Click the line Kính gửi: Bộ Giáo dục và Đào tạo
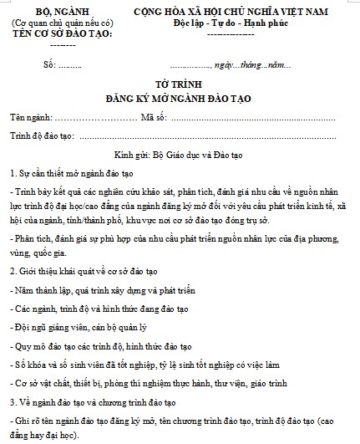[179, 156]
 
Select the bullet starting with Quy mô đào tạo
[105, 345]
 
